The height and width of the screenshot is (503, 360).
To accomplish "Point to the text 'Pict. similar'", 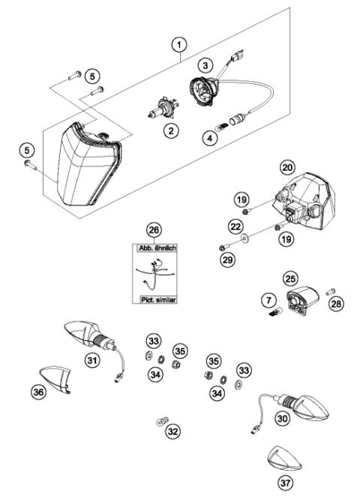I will [x=154, y=298].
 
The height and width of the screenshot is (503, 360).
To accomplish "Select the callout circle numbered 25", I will [x=288, y=277].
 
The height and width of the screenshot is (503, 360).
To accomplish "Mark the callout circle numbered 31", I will [x=91, y=361].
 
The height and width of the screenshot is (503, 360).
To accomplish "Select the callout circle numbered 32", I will [x=173, y=432].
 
